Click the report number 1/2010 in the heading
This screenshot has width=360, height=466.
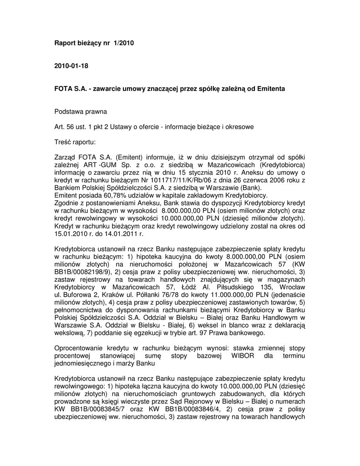(x=125, y=43)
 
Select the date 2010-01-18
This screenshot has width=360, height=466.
(x=71, y=66)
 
